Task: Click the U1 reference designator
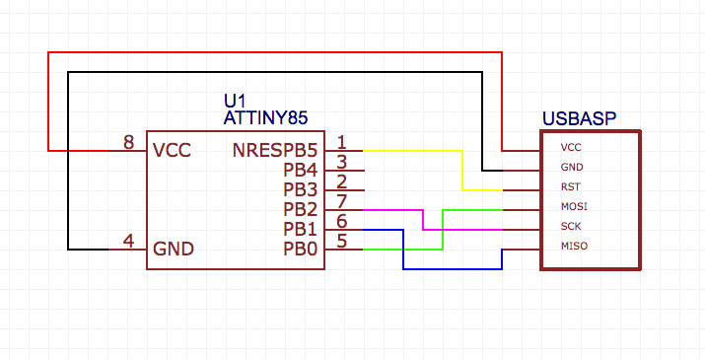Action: (x=235, y=102)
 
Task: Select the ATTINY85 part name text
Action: (x=266, y=118)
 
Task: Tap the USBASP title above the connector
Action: (x=579, y=118)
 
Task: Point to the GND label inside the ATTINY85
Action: (x=174, y=249)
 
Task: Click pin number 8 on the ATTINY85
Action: (x=128, y=143)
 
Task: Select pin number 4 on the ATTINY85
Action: (x=128, y=241)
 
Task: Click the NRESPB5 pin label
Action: (x=275, y=151)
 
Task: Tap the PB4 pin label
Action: (x=301, y=171)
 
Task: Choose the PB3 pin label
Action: (x=301, y=189)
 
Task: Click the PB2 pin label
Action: (x=301, y=209)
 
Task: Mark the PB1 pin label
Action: (x=301, y=229)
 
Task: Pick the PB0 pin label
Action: (x=301, y=249)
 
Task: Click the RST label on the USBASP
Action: (x=570, y=187)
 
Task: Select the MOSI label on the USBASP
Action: (x=573, y=207)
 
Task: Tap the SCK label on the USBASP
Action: (x=570, y=227)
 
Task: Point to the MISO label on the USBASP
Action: (x=573, y=247)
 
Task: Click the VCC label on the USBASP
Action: (x=570, y=148)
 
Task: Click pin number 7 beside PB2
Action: (x=341, y=202)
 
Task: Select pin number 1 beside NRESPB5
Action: (x=341, y=143)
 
